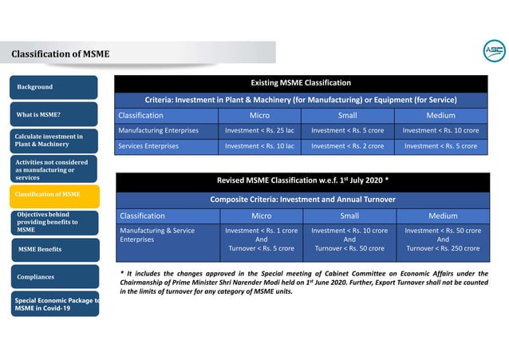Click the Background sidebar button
pyautogui.click(x=54, y=87)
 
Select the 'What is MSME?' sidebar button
pyautogui.click(x=54, y=114)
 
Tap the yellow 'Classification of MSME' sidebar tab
pyautogui.click(x=54, y=194)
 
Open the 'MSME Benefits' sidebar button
pyautogui.click(x=54, y=250)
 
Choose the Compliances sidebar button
pyautogui.click(x=54, y=278)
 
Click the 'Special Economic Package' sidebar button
pyautogui.click(x=54, y=304)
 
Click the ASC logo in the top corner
pyautogui.click(x=494, y=51)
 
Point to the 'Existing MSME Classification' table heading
pyautogui.click(x=302, y=83)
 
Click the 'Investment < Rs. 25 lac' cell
pyautogui.click(x=260, y=130)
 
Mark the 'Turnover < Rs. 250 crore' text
pyautogui.click(x=443, y=248)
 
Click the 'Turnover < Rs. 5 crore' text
pyautogui.click(x=261, y=248)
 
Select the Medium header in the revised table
pyautogui.click(x=443, y=216)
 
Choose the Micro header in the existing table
pyautogui.click(x=260, y=115)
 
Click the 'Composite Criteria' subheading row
pyautogui.click(x=302, y=199)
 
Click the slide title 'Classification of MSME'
pyautogui.click(x=61, y=54)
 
